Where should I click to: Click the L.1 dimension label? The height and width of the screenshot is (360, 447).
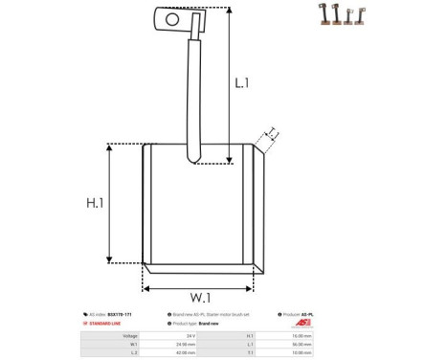(x=242, y=83)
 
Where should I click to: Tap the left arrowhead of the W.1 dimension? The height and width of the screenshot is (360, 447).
(x=146, y=286)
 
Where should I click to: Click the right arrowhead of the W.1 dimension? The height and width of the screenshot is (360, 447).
(x=254, y=286)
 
